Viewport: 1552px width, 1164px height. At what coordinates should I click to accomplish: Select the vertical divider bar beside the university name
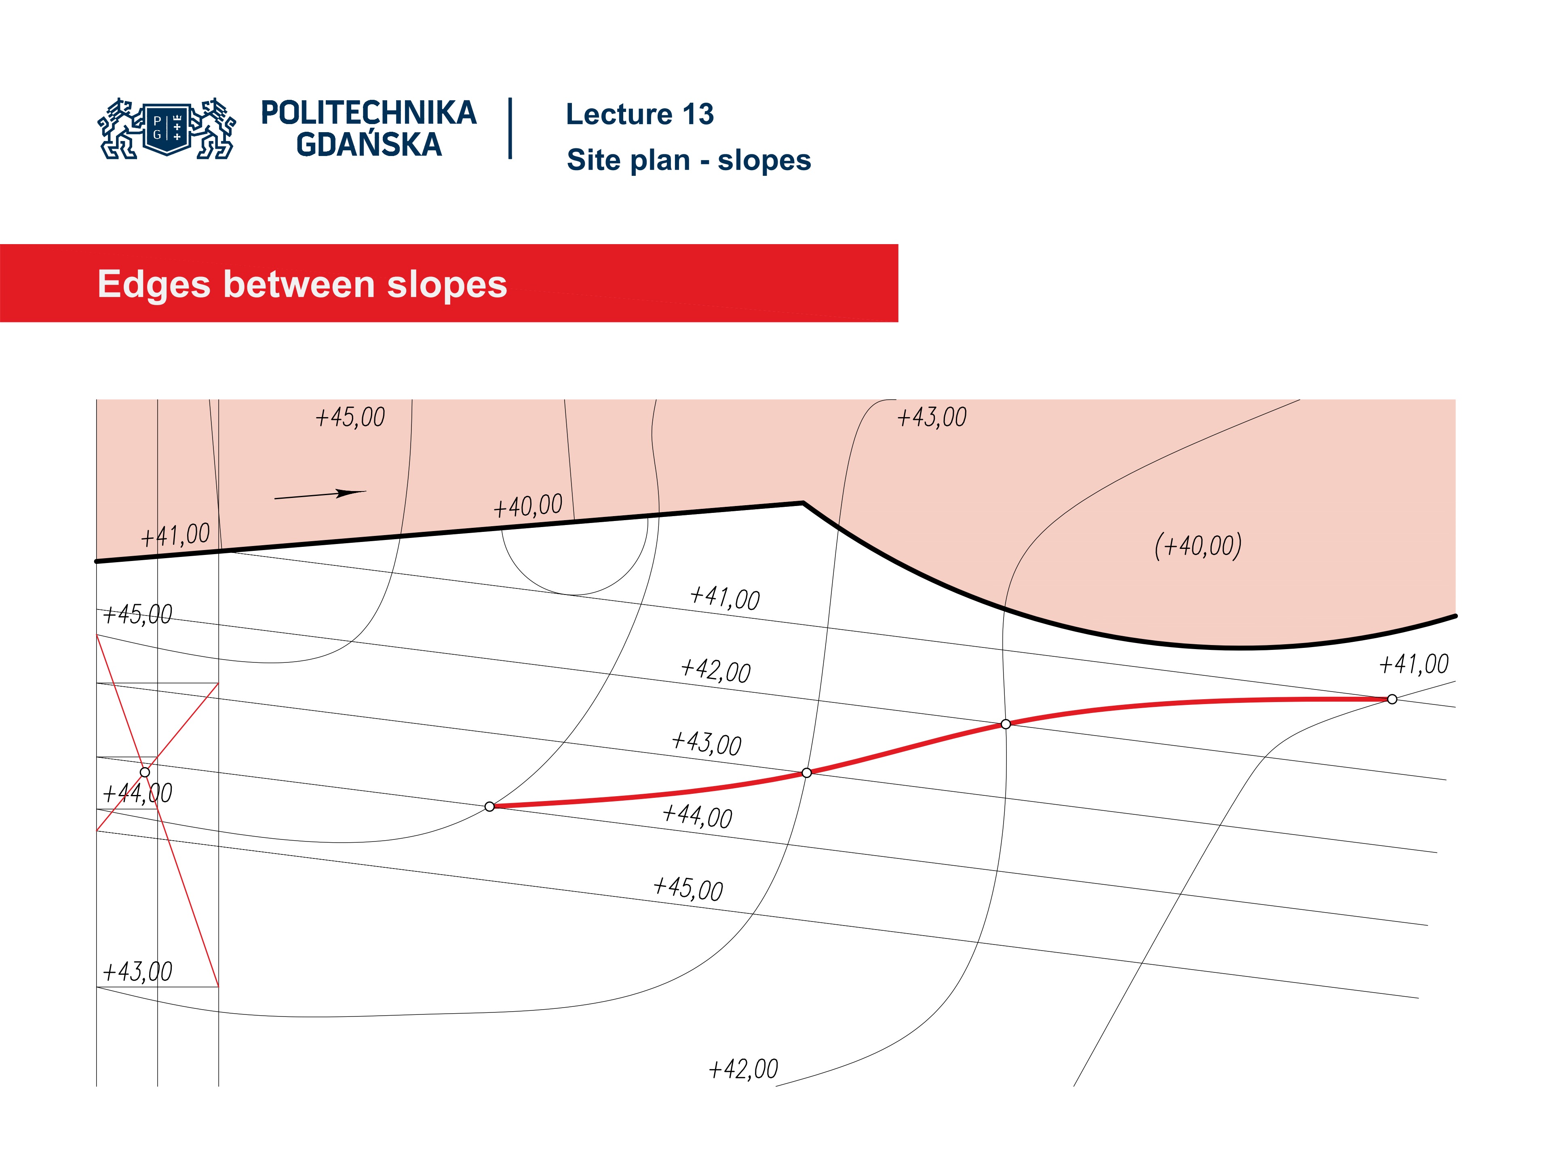510,129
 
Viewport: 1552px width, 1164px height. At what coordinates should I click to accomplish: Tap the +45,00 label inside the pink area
350,418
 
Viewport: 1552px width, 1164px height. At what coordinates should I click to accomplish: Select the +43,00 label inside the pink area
932,418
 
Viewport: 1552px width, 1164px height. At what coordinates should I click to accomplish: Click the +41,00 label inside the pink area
175,536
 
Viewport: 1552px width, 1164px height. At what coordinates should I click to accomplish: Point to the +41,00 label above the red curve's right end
1414,664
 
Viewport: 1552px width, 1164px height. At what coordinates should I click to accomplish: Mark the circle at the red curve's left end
490,807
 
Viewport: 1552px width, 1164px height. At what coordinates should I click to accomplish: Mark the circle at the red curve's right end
1392,699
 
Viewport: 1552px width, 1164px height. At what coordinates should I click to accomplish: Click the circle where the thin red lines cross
145,772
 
